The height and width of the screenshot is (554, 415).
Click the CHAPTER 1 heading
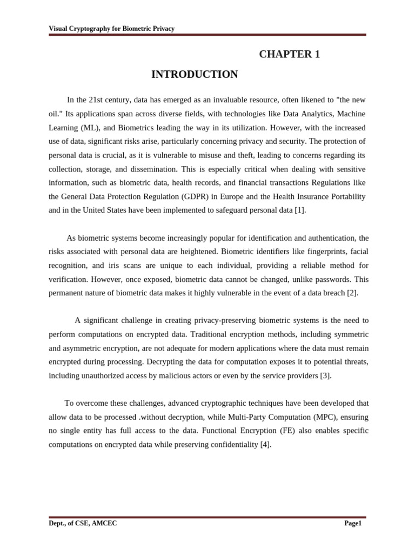click(289, 54)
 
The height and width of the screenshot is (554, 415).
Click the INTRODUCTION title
click(195, 75)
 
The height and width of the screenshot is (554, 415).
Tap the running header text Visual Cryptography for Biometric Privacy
click(112, 29)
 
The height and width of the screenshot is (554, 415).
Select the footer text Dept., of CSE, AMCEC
click(83, 523)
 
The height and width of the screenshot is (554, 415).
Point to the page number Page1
click(353, 523)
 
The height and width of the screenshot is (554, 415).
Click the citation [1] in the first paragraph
click(300, 210)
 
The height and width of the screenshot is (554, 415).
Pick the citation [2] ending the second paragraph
click(352, 293)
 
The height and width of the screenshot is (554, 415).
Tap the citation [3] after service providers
click(325, 375)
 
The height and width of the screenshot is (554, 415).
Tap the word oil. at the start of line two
click(56, 114)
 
